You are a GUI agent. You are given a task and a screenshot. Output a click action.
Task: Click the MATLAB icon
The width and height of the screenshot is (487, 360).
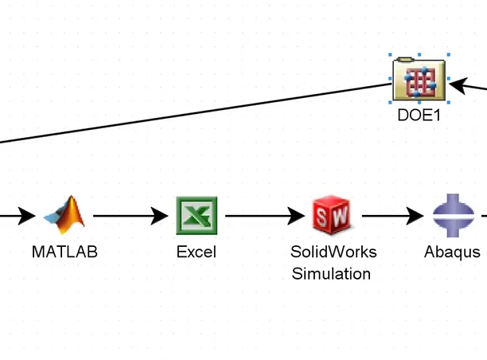[x=65, y=214]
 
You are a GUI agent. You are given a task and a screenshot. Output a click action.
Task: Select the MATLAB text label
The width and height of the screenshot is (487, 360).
[x=64, y=252]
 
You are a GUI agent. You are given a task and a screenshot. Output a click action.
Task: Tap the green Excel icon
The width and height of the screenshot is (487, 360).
[x=195, y=214]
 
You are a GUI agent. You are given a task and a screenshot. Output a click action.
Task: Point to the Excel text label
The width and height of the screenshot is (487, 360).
[x=196, y=252]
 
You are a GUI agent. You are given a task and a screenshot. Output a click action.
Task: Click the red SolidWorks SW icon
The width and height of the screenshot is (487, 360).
[x=331, y=214]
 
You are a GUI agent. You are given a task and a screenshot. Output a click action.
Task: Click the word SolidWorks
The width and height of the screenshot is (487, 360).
[x=333, y=252]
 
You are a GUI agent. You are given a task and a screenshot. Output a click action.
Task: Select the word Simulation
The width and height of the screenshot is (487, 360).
[x=331, y=274]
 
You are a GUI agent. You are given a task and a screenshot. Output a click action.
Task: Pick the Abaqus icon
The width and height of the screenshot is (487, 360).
[x=453, y=214]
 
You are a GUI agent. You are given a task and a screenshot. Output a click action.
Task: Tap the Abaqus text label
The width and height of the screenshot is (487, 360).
[x=452, y=252]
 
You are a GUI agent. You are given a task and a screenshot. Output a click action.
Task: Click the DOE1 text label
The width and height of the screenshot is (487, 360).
[x=419, y=115]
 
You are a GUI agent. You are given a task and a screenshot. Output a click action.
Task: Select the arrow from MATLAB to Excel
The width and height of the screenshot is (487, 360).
[x=132, y=215]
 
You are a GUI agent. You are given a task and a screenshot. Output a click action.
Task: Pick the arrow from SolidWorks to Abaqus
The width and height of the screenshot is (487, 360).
[x=392, y=215]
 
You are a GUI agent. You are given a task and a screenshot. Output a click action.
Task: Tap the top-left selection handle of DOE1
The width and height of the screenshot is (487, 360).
[x=392, y=56]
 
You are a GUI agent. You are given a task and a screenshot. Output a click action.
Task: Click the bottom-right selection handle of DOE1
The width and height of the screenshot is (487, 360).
[x=448, y=102]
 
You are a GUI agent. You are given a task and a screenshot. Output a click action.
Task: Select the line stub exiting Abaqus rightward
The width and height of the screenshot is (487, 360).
[x=482, y=215]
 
